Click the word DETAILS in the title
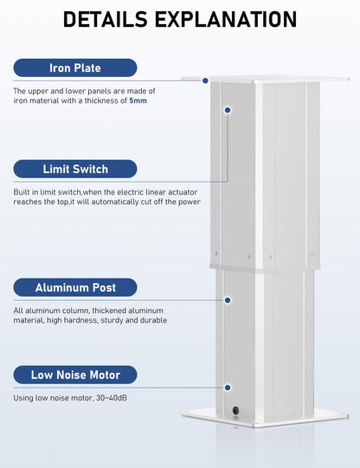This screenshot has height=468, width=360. [106, 19]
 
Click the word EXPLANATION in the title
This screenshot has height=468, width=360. [226, 19]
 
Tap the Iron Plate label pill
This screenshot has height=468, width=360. [75, 67]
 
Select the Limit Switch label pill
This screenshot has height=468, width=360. [75, 169]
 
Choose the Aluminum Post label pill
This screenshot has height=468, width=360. [75, 287]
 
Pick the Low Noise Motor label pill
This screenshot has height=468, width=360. [75, 375]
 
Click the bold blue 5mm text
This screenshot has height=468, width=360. [138, 100]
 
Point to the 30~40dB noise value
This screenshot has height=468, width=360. [112, 398]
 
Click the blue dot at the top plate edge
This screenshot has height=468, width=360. [205, 80]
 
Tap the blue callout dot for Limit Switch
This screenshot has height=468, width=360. [228, 110]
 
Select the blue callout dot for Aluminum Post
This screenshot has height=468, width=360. [228, 300]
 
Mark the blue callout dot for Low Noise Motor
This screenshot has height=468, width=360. [228, 388]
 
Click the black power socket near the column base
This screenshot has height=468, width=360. [236, 410]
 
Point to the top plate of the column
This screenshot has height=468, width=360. [265, 79]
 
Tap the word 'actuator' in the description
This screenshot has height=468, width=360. [183, 192]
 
